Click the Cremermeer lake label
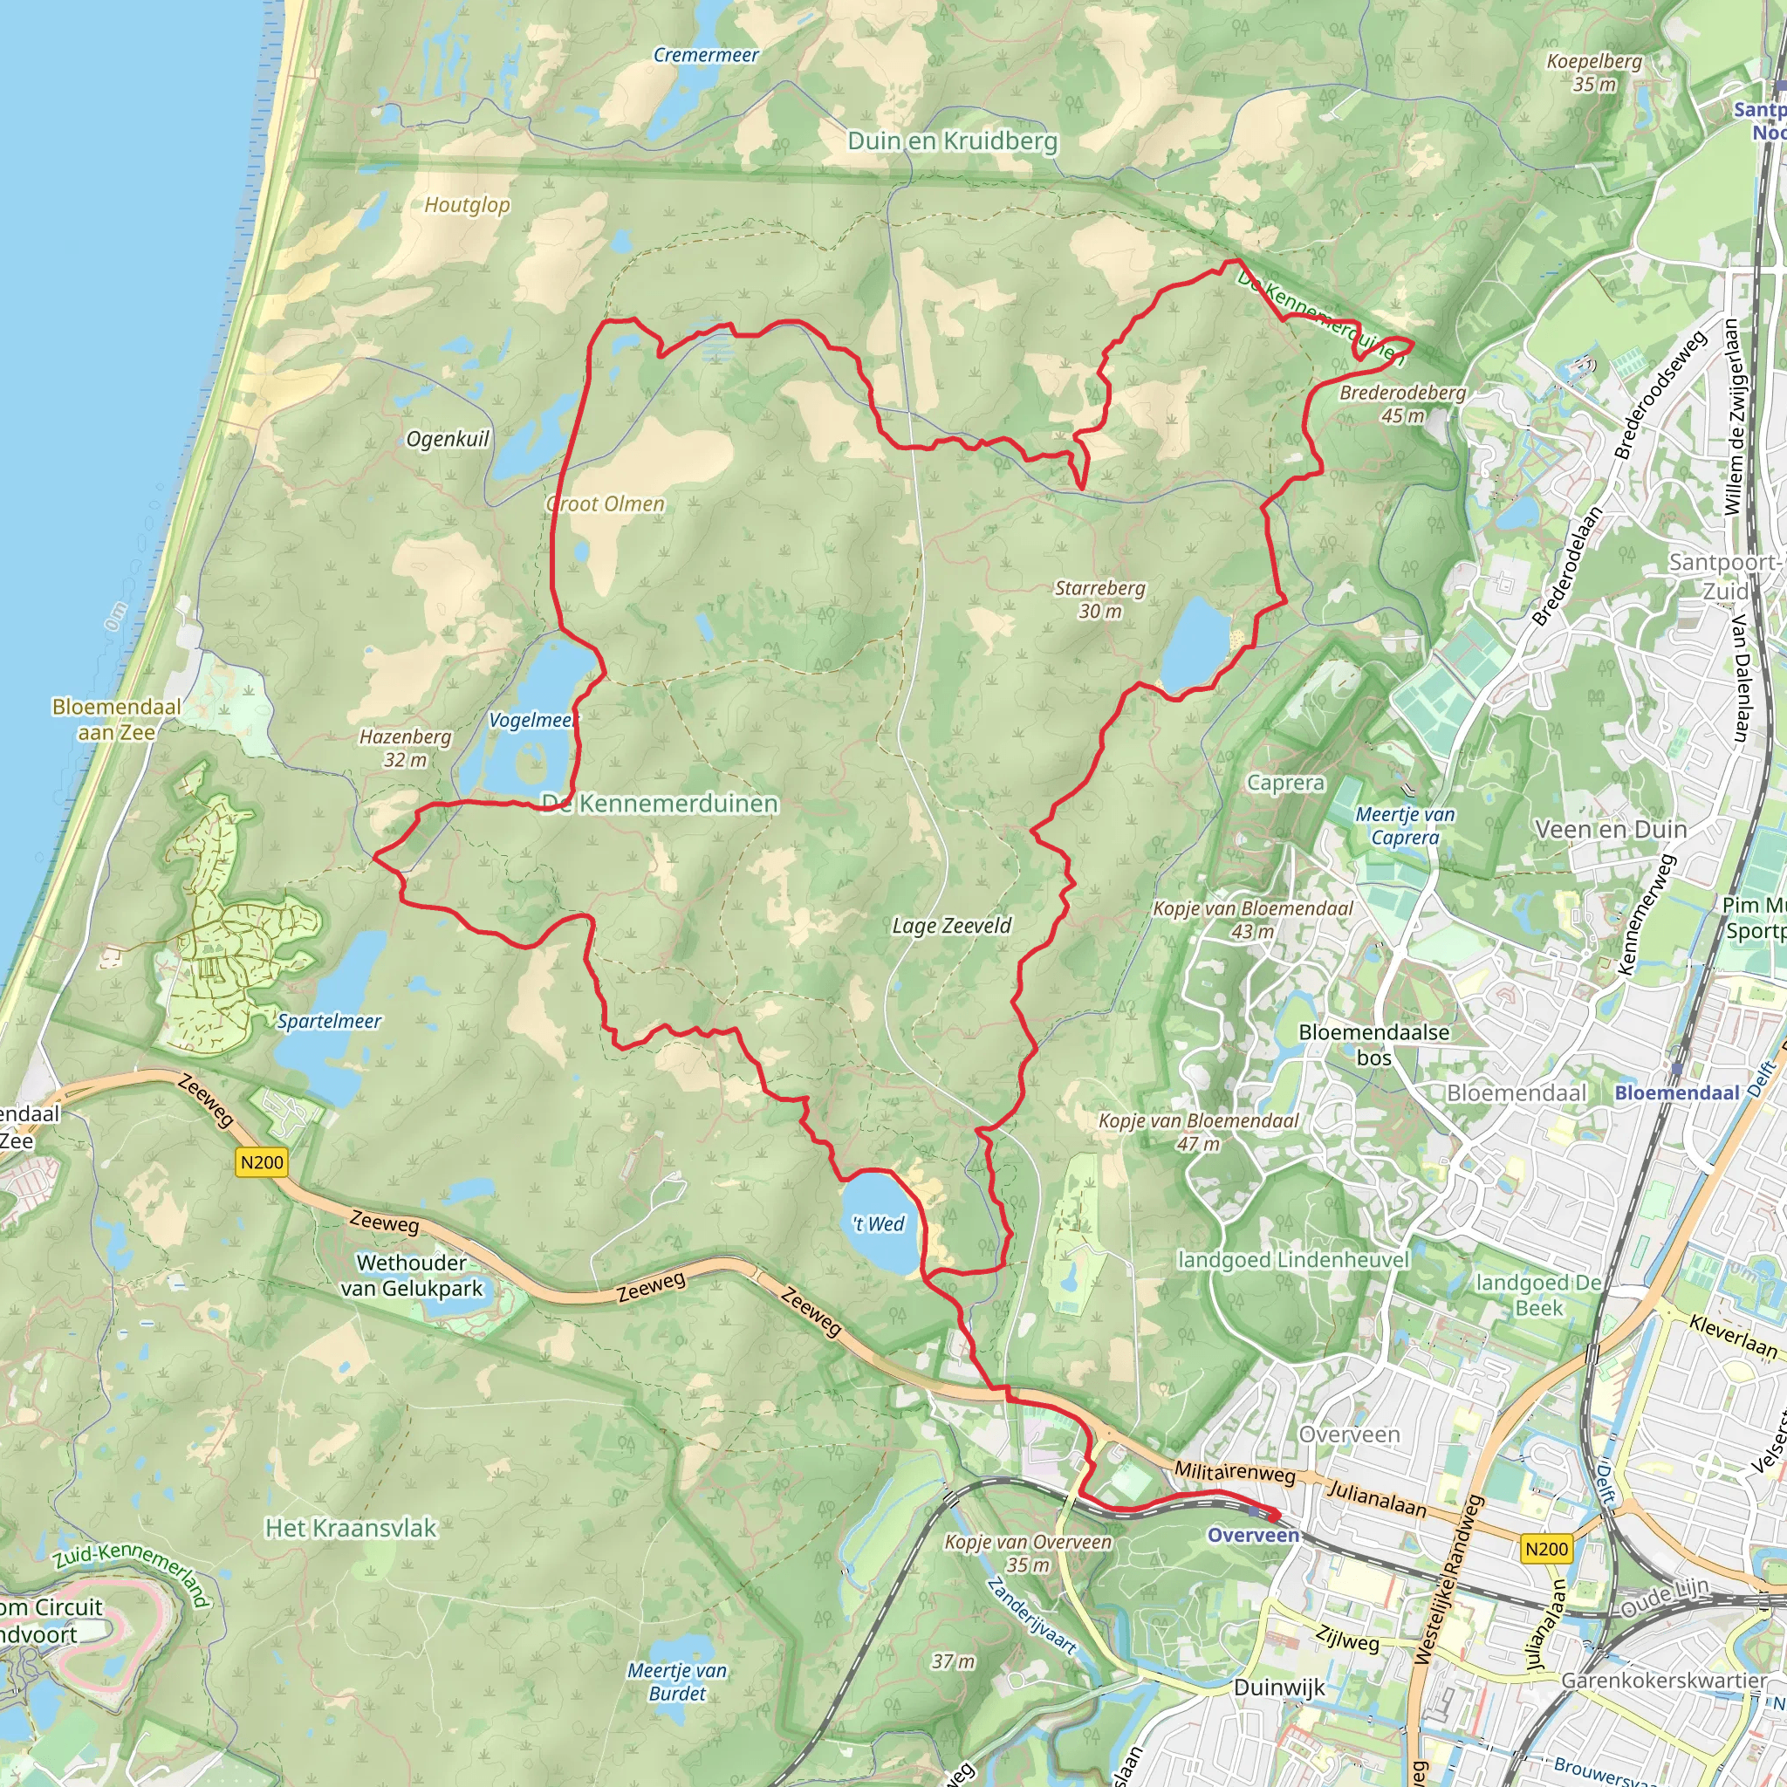(706, 56)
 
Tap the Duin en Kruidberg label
(953, 141)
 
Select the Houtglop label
(467, 205)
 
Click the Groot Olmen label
(606, 504)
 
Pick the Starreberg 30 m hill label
(1099, 599)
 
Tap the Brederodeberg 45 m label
(1402, 404)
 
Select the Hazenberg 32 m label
(405, 749)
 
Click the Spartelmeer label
(329, 1021)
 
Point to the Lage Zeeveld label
(952, 926)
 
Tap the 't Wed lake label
(879, 1223)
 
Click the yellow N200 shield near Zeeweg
(262, 1162)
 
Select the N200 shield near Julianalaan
(1546, 1549)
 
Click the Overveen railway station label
(1253, 1536)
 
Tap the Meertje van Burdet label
(677, 1681)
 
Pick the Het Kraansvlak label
(351, 1528)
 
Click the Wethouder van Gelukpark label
(412, 1276)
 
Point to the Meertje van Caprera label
(1405, 826)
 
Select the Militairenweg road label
(1235, 1472)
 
